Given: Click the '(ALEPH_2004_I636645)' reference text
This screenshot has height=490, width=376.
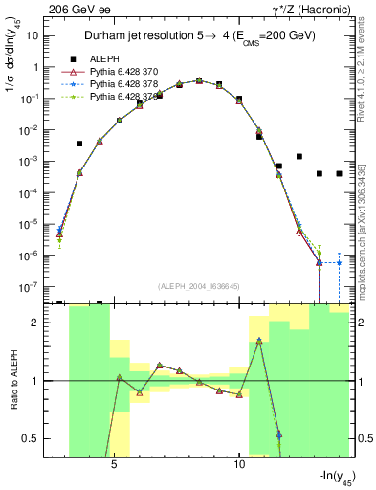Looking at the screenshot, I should (x=199, y=285).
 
